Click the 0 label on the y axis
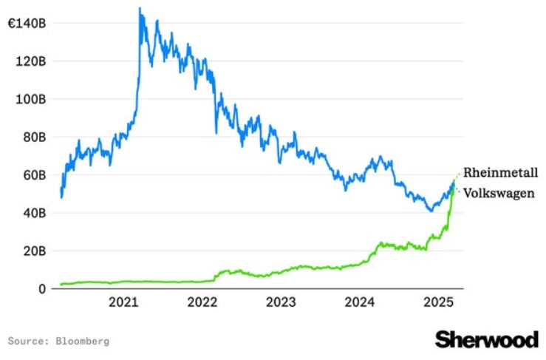pyautogui.click(x=42, y=289)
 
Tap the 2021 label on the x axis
pyautogui.click(x=123, y=302)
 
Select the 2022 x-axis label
pyautogui.click(x=202, y=302)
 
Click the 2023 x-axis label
pyautogui.click(x=281, y=302)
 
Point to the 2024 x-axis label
pyautogui.click(x=360, y=302)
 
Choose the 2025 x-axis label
pyautogui.click(x=439, y=302)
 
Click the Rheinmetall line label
pyautogui.click(x=500, y=173)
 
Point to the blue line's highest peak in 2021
pyautogui.click(x=140, y=8)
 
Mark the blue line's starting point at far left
pyautogui.click(x=61, y=191)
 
